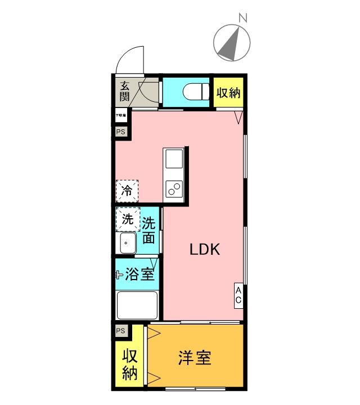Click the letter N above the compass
click(244, 17)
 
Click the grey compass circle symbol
click(232, 43)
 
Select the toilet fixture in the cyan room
click(193, 91)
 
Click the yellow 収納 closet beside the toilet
click(228, 92)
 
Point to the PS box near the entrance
click(121, 132)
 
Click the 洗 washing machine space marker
click(127, 219)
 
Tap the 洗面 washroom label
click(149, 230)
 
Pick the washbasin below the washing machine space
click(127, 244)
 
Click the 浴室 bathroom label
click(139, 275)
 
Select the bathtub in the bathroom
click(137, 305)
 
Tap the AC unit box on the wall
click(238, 294)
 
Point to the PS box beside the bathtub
click(121, 331)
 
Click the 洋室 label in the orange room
click(195, 358)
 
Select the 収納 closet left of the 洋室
click(129, 364)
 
